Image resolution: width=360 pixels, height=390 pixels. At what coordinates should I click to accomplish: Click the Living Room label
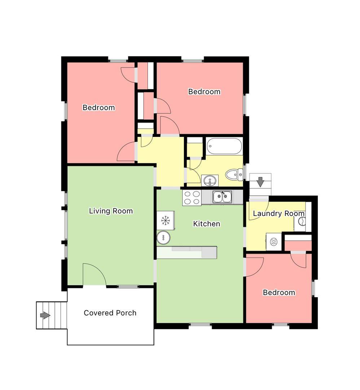(x=111, y=211)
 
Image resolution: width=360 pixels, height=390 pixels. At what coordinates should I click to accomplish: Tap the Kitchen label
(x=206, y=224)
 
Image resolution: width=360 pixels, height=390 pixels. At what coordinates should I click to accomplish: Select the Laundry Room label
(x=278, y=213)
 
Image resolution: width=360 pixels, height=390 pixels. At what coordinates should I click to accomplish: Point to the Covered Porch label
(x=110, y=313)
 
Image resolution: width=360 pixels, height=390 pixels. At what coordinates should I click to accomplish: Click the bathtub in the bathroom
(x=224, y=146)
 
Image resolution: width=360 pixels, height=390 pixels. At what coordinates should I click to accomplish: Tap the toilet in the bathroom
(x=234, y=174)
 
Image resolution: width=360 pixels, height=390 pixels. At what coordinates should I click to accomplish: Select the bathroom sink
(x=210, y=180)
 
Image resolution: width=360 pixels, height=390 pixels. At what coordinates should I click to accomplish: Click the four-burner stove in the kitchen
(x=192, y=198)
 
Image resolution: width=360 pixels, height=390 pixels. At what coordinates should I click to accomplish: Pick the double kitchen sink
(x=222, y=197)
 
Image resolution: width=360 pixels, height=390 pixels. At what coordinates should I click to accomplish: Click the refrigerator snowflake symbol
(x=165, y=221)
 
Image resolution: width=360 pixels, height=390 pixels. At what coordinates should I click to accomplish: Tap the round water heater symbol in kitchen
(x=163, y=237)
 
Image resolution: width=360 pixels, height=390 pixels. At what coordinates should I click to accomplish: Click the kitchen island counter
(x=187, y=252)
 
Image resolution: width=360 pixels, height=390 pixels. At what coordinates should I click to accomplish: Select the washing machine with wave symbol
(x=274, y=242)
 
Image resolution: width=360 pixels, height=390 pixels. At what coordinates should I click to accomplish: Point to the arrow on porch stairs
(x=45, y=315)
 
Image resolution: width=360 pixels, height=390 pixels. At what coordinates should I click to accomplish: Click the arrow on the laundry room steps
(x=260, y=182)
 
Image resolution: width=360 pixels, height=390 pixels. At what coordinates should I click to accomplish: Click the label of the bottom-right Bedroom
(x=279, y=292)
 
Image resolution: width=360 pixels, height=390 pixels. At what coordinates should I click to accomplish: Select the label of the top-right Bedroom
(x=204, y=91)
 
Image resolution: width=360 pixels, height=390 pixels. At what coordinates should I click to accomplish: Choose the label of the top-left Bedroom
(x=98, y=108)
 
